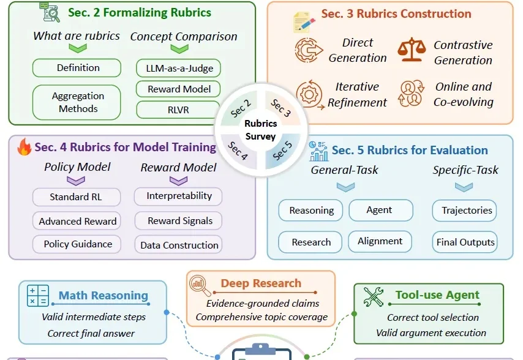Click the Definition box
[77, 68]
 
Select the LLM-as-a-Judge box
[178, 69]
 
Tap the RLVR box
[178, 110]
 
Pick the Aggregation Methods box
[77, 102]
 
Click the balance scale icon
[412, 50]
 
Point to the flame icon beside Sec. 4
[24, 147]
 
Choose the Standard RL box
[77, 197]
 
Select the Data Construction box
[178, 245]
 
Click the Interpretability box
[178, 197]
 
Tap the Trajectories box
[464, 211]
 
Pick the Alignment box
[380, 241]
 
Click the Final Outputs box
[465, 242]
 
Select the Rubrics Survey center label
[260, 130]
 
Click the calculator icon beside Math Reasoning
[38, 296]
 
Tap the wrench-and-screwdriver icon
[373, 297]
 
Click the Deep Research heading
[261, 283]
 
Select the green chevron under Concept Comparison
[179, 49]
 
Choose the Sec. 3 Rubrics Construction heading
[396, 13]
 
